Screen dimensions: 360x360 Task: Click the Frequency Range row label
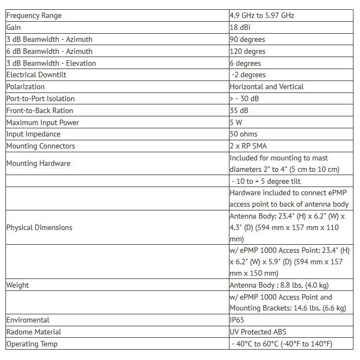point(34,16)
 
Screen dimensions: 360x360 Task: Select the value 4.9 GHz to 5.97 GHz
point(262,16)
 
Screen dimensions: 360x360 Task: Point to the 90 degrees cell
point(247,39)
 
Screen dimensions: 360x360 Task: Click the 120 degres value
point(247,51)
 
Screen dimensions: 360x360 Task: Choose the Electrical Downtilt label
point(36,75)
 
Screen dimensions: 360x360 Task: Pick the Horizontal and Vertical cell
point(266,86)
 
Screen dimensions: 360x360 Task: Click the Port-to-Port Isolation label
point(40,98)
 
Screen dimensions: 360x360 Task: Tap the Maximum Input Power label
point(42,122)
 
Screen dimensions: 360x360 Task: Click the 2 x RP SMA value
point(248,146)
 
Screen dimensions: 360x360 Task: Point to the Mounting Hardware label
point(38,163)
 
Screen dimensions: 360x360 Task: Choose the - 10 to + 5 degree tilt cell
point(266,181)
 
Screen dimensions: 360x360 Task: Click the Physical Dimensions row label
point(39,227)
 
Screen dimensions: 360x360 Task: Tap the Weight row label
point(17,285)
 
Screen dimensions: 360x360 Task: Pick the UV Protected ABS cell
point(258,332)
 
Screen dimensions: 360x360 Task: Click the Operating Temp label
point(32,344)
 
